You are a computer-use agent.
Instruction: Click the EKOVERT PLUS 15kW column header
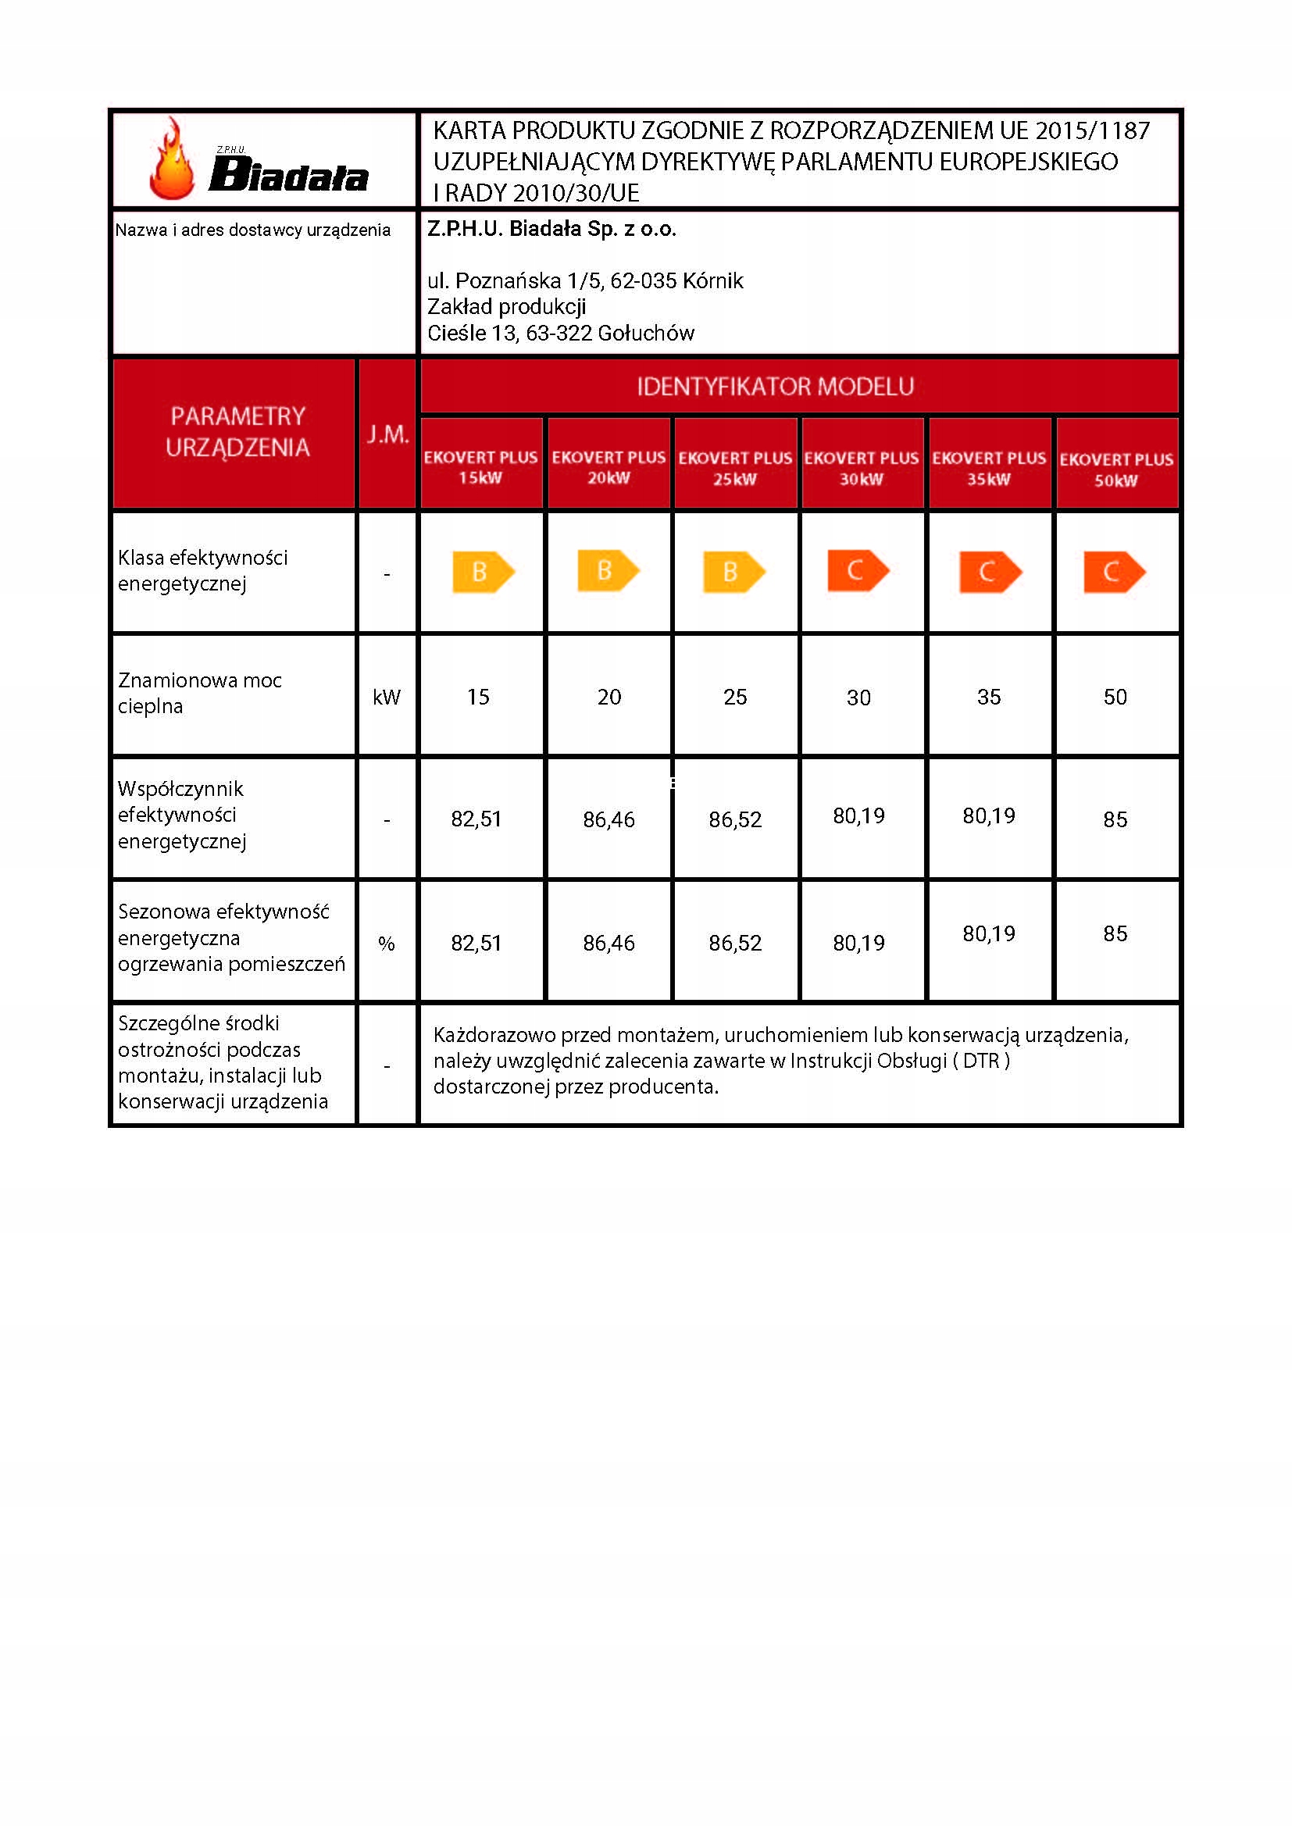[x=480, y=467]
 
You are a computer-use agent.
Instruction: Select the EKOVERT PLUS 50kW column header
[x=1115, y=469]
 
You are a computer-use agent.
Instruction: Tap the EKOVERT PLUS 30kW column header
[x=861, y=468]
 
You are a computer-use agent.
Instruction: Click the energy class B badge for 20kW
[x=608, y=570]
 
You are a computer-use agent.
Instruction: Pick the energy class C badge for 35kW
[x=990, y=571]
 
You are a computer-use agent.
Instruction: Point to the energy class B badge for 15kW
[x=483, y=571]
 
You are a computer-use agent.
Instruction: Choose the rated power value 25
[x=735, y=697]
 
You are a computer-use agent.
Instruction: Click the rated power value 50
[x=1115, y=697]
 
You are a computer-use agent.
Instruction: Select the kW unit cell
[x=387, y=697]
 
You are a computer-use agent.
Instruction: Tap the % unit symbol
[x=387, y=944]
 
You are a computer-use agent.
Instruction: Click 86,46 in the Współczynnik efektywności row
[x=609, y=819]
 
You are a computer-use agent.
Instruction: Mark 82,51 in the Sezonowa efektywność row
[x=476, y=943]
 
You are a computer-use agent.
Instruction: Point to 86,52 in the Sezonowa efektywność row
[x=735, y=943]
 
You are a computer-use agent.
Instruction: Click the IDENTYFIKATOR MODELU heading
[x=775, y=387]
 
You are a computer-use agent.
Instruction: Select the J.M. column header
[x=387, y=434]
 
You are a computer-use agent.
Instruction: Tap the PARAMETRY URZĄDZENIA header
[x=237, y=431]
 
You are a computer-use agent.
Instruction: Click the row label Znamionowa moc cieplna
[x=199, y=692]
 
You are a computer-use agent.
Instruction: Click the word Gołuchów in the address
[x=645, y=333]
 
